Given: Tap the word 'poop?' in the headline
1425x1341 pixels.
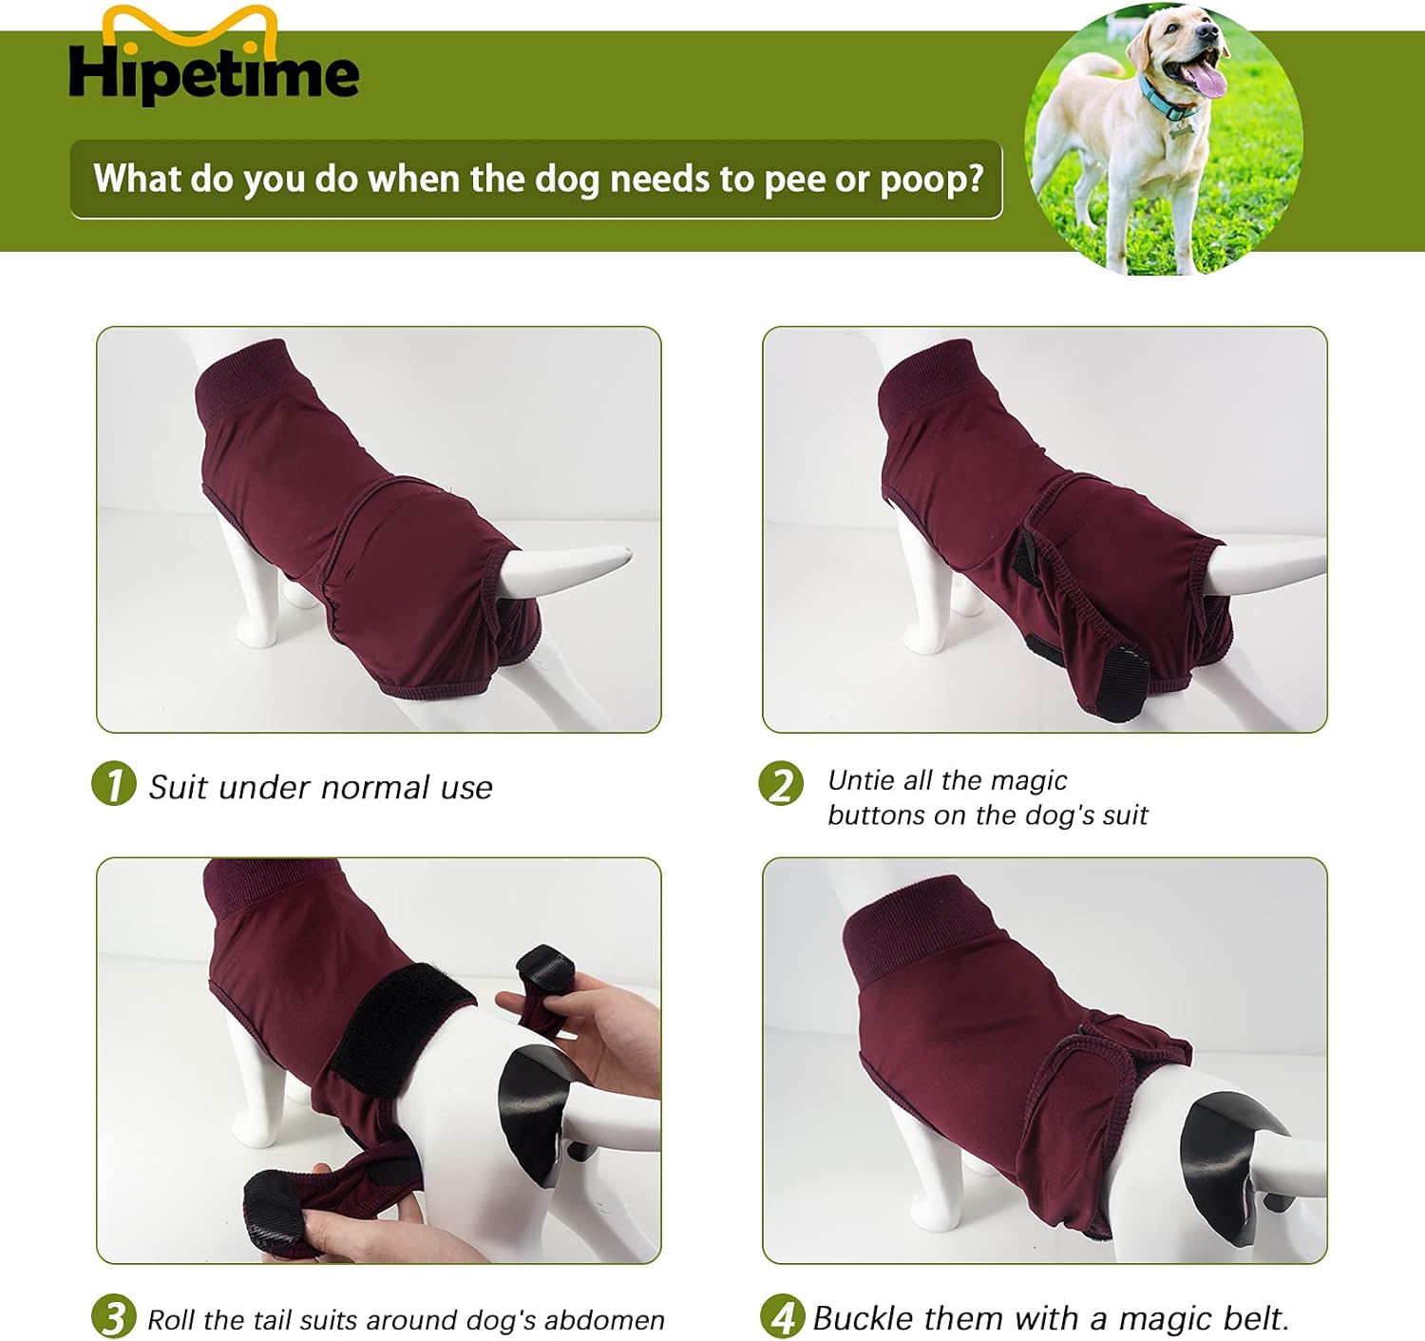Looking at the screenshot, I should click(931, 180).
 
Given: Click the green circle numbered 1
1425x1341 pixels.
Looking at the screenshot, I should click(114, 784).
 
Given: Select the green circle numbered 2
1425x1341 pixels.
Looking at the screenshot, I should click(781, 784).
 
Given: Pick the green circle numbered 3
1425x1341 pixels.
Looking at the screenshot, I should click(114, 1317).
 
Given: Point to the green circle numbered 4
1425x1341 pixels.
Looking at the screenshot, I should click(782, 1317).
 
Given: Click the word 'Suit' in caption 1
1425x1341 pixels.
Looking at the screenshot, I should click(178, 787).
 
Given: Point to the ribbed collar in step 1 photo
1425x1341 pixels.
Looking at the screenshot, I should click(242, 381).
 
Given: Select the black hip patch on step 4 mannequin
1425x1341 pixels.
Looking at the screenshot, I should click(1225, 1164).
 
